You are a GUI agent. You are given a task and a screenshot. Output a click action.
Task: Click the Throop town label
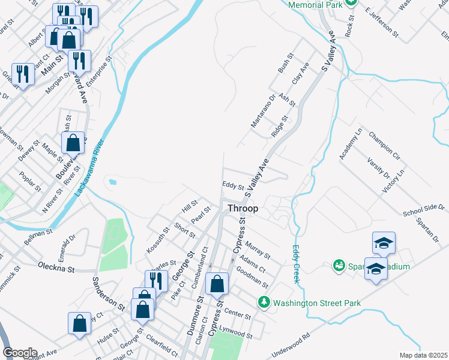tap(243, 209)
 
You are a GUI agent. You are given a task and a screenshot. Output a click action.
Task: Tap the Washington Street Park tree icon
tap(263, 303)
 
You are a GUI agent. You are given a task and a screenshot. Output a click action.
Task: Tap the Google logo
tap(20, 353)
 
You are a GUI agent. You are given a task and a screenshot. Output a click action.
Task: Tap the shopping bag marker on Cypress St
tap(217, 283)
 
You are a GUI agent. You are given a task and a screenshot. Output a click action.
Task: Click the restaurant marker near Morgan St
tap(79, 60)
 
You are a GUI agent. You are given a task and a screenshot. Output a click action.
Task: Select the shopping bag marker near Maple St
tap(73, 143)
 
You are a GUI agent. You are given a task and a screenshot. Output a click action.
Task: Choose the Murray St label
tap(259, 247)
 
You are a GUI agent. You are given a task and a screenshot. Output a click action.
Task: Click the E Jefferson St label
tap(381, 23)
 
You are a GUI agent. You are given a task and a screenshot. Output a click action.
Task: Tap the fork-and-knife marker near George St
tap(154, 280)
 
